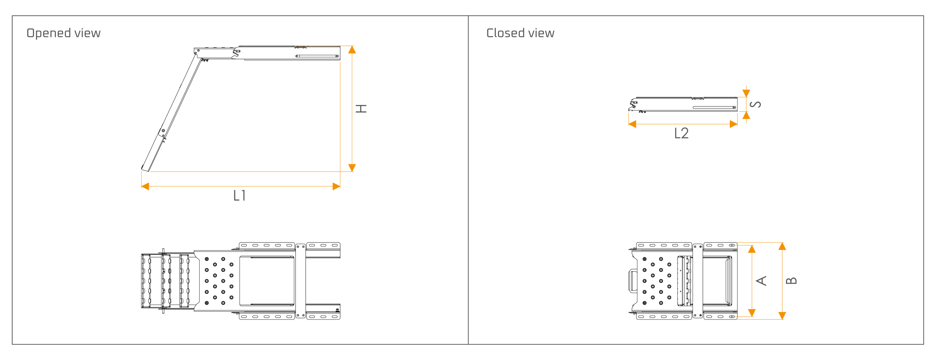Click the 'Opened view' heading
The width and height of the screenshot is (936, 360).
click(x=64, y=33)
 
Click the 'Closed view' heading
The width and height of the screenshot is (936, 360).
click(x=520, y=33)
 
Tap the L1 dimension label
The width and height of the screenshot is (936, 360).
click(x=239, y=196)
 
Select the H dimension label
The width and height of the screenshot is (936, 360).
click(x=361, y=109)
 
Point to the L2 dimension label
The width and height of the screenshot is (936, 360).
click(x=682, y=133)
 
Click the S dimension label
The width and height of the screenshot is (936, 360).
click(x=755, y=105)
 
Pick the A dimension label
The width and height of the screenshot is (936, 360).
click(x=761, y=281)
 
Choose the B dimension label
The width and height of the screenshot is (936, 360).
click(x=791, y=281)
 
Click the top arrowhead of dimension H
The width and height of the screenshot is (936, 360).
click(x=352, y=50)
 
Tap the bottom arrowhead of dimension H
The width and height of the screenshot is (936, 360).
click(x=352, y=168)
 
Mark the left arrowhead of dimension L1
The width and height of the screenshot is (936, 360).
click(x=145, y=186)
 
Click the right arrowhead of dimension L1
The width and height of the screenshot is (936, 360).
click(x=336, y=186)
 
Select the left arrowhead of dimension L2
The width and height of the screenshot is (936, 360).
click(x=632, y=124)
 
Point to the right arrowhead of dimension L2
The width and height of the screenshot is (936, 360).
click(x=733, y=124)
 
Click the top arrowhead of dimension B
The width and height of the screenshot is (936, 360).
click(x=782, y=246)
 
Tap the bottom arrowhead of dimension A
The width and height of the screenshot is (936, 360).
click(x=752, y=313)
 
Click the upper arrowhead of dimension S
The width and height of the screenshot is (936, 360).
click(x=746, y=93)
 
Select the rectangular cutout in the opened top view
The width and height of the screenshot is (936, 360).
click(x=267, y=281)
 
